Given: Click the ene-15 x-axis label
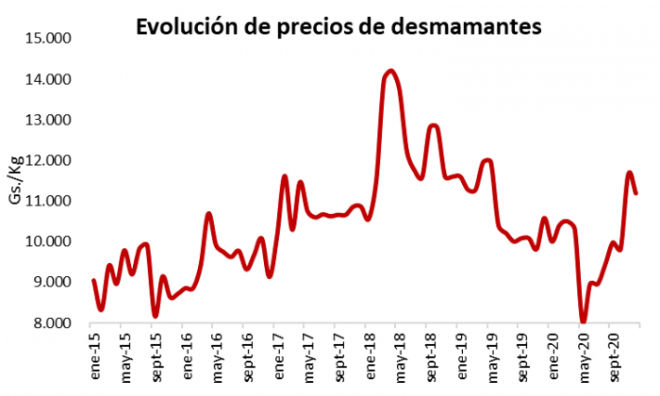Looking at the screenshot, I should click(94, 355).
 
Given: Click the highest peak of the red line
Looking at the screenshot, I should click(391, 71).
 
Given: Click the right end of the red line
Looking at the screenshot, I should click(637, 193).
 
